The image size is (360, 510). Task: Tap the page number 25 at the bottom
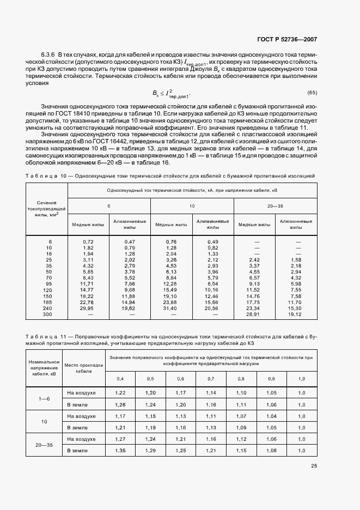tap(314, 466)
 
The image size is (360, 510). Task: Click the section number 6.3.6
tap(49, 56)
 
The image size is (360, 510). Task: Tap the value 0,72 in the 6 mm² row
tap(88, 241)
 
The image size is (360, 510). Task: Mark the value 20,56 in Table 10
tap(212, 308)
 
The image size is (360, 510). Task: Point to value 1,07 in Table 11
tap(242, 416)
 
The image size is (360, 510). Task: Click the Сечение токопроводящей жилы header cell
tap(46, 209)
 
